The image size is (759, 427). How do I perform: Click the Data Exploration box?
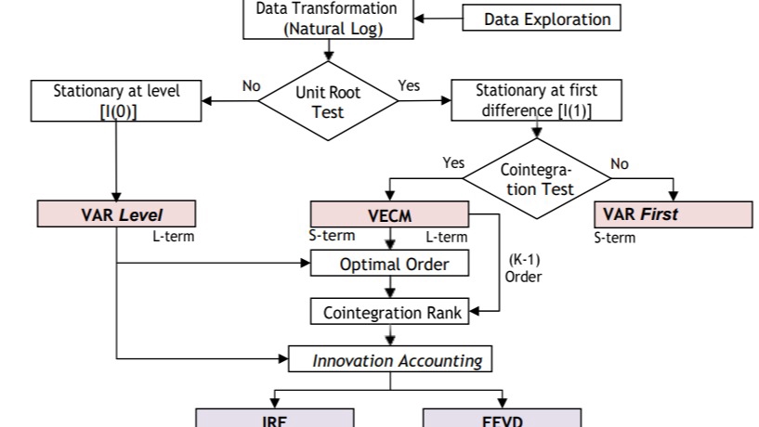[541, 19]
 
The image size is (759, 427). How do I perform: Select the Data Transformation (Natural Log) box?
[326, 19]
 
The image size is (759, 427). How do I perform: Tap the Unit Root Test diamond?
[327, 102]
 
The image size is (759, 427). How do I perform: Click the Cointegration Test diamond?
[536, 179]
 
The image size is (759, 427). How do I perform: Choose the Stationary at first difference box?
[536, 101]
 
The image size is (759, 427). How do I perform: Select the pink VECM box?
[390, 214]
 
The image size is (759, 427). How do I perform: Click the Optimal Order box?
[393, 264]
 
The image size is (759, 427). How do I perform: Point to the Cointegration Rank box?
[392, 312]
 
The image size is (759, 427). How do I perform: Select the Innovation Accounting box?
[390, 360]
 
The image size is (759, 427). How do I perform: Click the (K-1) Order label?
[523, 268]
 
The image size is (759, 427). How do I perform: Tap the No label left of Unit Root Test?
[251, 85]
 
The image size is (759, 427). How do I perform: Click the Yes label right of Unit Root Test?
[409, 85]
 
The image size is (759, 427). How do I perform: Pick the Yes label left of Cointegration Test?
[453, 163]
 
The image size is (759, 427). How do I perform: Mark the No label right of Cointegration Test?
[620, 163]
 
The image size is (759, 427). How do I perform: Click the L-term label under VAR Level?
[173, 236]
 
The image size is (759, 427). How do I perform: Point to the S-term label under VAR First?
[615, 238]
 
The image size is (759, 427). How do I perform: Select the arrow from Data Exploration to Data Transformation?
[437, 19]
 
